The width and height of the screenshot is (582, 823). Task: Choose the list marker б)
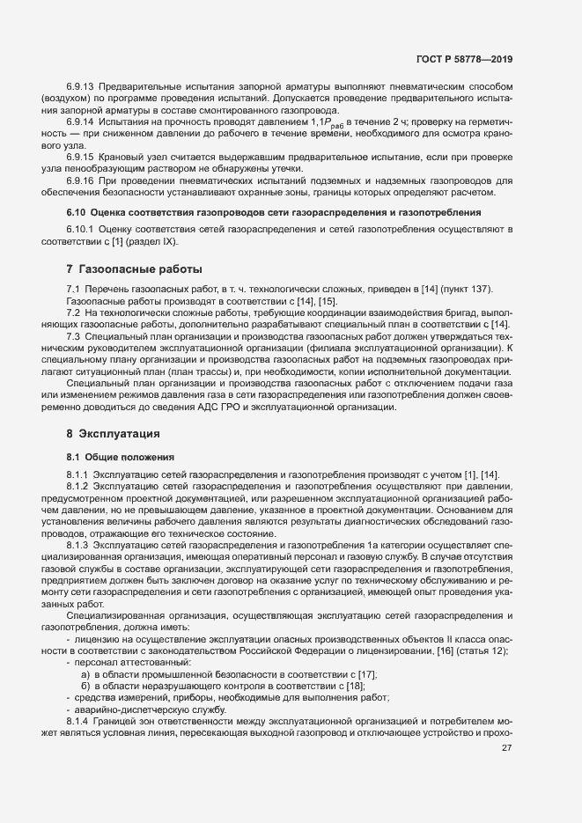tap(85, 685)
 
